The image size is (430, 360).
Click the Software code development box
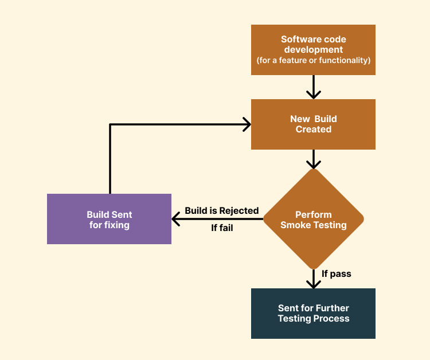coord(313,50)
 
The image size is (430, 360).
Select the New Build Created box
coord(313,124)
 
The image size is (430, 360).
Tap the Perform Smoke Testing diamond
coord(313,219)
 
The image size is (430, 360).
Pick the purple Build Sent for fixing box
coord(109,219)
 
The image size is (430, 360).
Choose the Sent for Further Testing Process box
coord(313,314)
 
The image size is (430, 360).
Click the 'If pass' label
coord(337,274)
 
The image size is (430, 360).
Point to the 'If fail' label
coord(222,228)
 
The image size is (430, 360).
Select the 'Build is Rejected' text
coord(221,211)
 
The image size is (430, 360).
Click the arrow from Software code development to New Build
coord(313,88)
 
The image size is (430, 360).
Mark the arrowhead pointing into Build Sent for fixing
coord(175,219)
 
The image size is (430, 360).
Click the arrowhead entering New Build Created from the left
coord(247,124)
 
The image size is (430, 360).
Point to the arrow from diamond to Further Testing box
coord(313,280)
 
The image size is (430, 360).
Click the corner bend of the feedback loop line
coord(110,124)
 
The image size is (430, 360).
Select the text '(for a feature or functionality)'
coord(313,60)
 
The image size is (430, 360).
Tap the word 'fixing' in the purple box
coord(117,225)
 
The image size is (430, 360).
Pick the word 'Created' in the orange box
coord(313,130)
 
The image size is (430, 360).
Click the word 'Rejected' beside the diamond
coord(239,211)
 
